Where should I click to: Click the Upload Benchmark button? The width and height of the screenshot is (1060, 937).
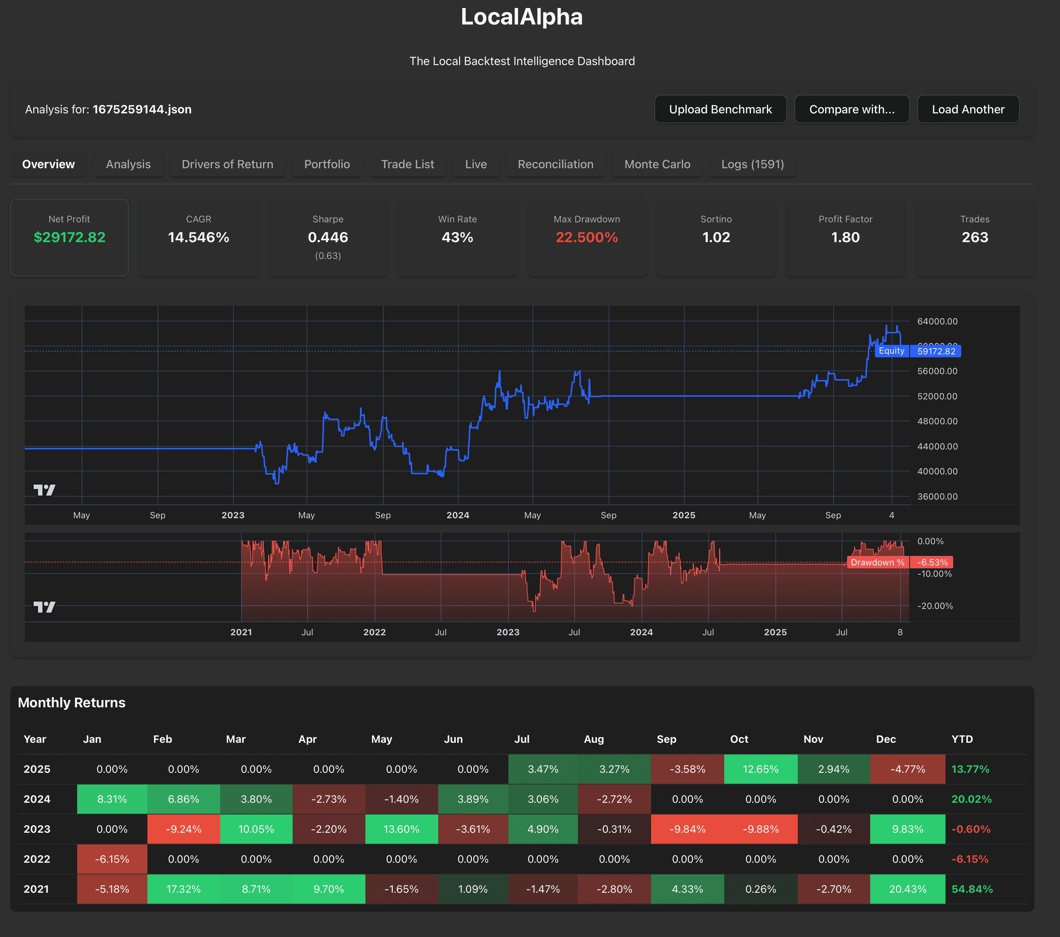(720, 109)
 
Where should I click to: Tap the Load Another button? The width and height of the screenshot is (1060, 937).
(968, 109)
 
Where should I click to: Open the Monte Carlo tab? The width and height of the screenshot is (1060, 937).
(657, 164)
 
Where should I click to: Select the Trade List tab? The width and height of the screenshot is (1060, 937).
(407, 164)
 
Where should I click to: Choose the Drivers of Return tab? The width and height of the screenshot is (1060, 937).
(227, 164)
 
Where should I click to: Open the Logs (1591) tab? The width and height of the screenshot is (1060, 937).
(752, 164)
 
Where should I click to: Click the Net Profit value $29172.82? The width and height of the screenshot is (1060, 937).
(69, 237)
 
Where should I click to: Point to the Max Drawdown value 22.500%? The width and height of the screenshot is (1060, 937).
(587, 237)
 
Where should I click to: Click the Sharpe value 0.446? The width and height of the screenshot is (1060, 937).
(328, 237)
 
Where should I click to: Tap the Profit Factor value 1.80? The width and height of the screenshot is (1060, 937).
(845, 237)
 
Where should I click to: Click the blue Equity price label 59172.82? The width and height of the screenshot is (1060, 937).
(936, 351)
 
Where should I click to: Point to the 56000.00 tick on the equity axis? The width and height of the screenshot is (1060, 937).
(937, 371)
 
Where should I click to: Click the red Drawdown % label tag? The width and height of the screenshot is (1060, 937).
(877, 562)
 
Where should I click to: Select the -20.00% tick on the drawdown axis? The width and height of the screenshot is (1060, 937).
(935, 606)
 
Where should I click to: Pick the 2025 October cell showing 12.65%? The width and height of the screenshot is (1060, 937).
(760, 769)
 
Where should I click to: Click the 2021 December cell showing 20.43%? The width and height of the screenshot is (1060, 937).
(907, 889)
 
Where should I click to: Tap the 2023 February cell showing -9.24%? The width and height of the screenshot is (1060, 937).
(184, 829)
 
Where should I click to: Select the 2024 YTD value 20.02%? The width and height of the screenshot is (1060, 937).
(971, 799)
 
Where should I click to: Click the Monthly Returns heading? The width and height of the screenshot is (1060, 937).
(72, 703)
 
